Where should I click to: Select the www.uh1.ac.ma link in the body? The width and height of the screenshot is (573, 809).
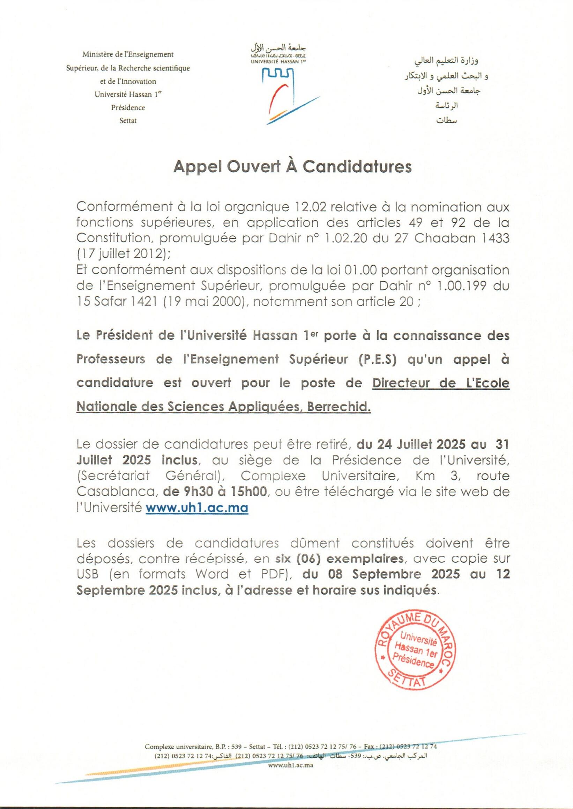pos(197,508)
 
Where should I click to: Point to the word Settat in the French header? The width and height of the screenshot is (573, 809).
pos(128,121)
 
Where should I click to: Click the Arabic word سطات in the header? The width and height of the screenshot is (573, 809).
pos(447,120)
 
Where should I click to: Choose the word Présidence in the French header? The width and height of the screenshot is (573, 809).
pos(128,108)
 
